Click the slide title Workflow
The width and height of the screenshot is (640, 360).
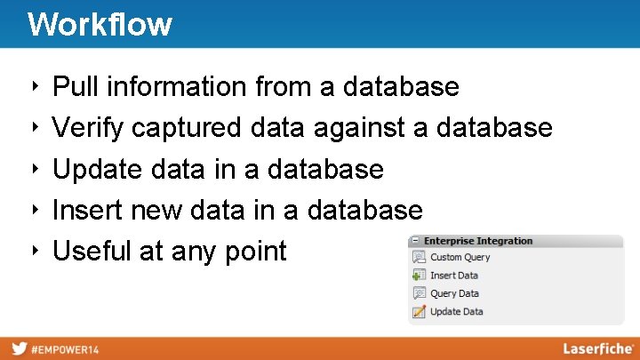tap(100, 24)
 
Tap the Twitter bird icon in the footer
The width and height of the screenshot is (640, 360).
tap(18, 348)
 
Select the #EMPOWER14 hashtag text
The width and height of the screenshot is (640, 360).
tap(65, 349)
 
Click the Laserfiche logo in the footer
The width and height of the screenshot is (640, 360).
tap(597, 348)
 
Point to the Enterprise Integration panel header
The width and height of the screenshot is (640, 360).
tap(478, 241)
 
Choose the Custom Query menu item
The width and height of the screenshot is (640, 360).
tap(460, 258)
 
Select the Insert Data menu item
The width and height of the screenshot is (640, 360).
tap(454, 276)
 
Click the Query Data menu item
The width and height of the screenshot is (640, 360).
tap(454, 293)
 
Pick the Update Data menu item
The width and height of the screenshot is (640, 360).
tap(456, 312)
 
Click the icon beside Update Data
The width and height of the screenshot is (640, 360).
tap(419, 312)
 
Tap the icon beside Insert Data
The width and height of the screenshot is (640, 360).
tap(419, 276)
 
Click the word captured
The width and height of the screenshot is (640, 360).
tap(187, 128)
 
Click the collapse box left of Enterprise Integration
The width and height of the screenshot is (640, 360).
tap(415, 241)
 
